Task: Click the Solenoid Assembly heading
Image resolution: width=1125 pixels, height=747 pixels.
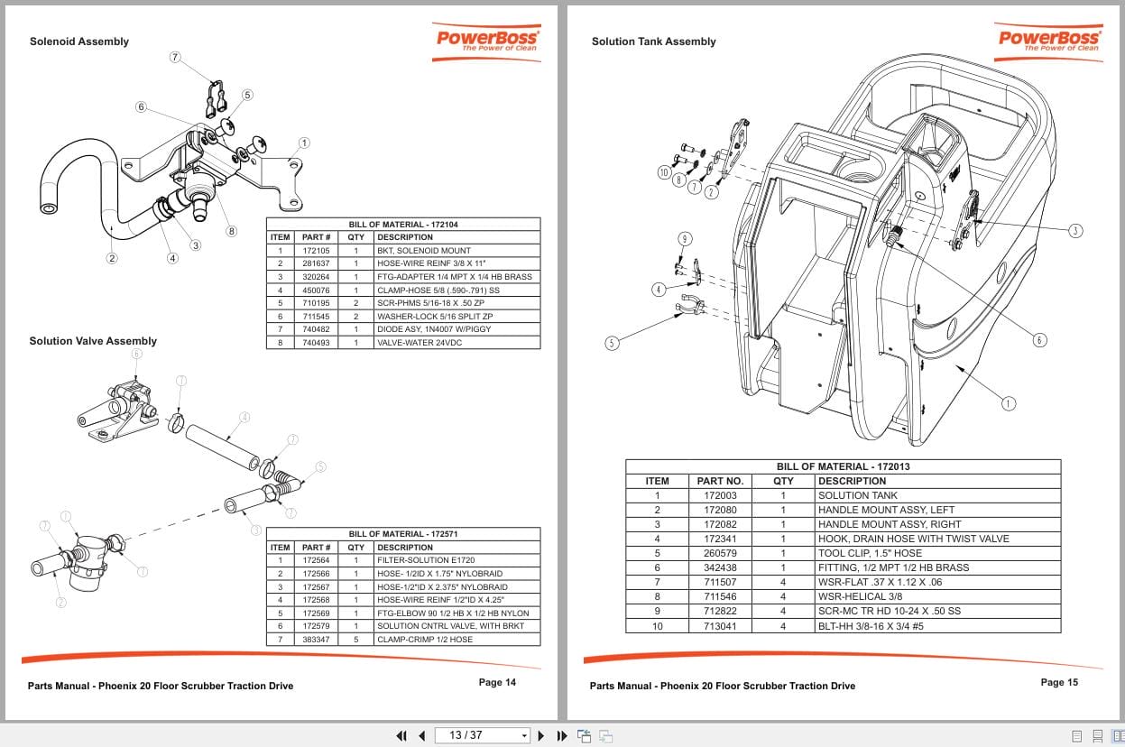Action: click(x=78, y=41)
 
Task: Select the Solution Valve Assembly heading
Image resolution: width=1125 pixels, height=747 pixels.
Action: click(x=93, y=341)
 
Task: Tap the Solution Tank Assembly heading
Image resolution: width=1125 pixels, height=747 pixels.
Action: click(x=653, y=41)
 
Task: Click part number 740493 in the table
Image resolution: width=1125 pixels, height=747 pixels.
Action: click(x=317, y=343)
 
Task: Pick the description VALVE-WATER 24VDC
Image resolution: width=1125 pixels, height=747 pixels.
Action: click(x=419, y=343)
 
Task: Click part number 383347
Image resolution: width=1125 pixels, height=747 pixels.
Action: click(x=317, y=640)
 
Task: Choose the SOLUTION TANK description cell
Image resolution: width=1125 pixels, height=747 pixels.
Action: click(x=844, y=495)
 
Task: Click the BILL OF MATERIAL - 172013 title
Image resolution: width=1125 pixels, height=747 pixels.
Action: click(x=843, y=467)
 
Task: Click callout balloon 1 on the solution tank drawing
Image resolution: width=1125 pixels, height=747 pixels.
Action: click(x=1009, y=403)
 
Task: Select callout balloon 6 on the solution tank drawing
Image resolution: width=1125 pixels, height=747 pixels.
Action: click(x=1039, y=340)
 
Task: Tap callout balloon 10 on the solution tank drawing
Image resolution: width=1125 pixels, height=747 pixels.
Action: click(x=664, y=171)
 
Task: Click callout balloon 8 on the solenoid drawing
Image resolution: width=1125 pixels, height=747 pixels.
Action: click(x=231, y=231)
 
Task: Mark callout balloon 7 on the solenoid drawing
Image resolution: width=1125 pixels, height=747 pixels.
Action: click(x=175, y=57)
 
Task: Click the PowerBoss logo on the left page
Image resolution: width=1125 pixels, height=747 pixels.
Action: click(x=487, y=41)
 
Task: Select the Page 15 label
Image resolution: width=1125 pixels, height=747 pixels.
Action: click(x=1058, y=683)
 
